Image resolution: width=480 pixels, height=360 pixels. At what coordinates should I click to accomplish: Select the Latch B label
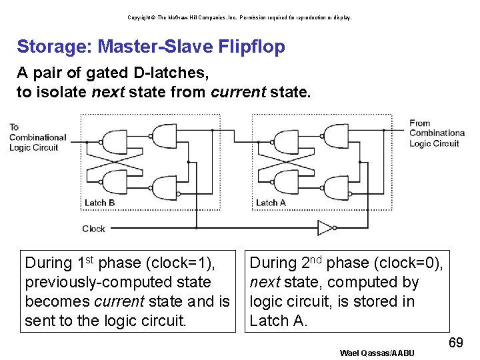99,203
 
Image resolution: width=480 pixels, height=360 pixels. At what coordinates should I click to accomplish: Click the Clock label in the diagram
93,229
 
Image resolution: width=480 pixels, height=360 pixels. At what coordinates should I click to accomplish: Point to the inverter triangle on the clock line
325,228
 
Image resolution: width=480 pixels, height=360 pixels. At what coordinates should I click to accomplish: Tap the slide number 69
456,343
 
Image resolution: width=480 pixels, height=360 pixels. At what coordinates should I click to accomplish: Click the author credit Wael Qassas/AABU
377,353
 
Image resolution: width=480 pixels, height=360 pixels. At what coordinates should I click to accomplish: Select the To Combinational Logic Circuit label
37,137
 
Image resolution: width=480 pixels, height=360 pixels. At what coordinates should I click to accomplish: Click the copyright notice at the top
240,17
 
